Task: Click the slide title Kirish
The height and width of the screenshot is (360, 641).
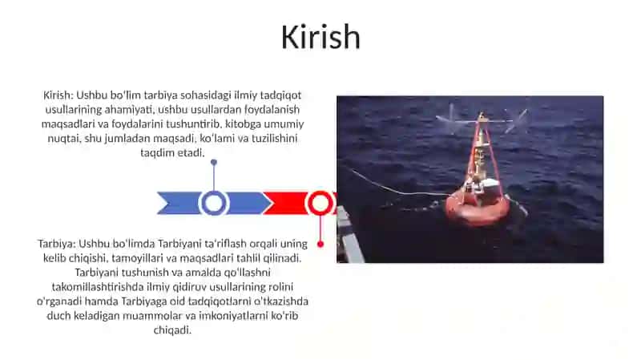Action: (x=320, y=37)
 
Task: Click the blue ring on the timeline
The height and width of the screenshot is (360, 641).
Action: (x=213, y=192)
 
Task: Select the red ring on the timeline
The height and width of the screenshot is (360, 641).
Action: (x=320, y=192)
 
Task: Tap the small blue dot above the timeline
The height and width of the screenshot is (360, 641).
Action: (x=214, y=163)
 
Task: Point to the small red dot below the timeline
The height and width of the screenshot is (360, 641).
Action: (x=320, y=245)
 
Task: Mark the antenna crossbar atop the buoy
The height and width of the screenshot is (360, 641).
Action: (x=482, y=120)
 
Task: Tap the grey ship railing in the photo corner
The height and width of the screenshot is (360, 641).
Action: (x=350, y=235)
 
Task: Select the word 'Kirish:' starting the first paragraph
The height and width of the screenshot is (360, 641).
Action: (x=58, y=95)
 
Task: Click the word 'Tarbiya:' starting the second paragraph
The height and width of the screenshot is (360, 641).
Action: (x=57, y=244)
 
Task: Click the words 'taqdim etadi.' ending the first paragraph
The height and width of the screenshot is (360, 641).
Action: (x=172, y=152)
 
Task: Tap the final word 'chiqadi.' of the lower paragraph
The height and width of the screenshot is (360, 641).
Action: (x=172, y=330)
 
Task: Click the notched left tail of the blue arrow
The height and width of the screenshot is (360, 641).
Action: (x=163, y=204)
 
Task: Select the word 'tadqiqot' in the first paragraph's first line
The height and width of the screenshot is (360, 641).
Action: (x=281, y=95)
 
